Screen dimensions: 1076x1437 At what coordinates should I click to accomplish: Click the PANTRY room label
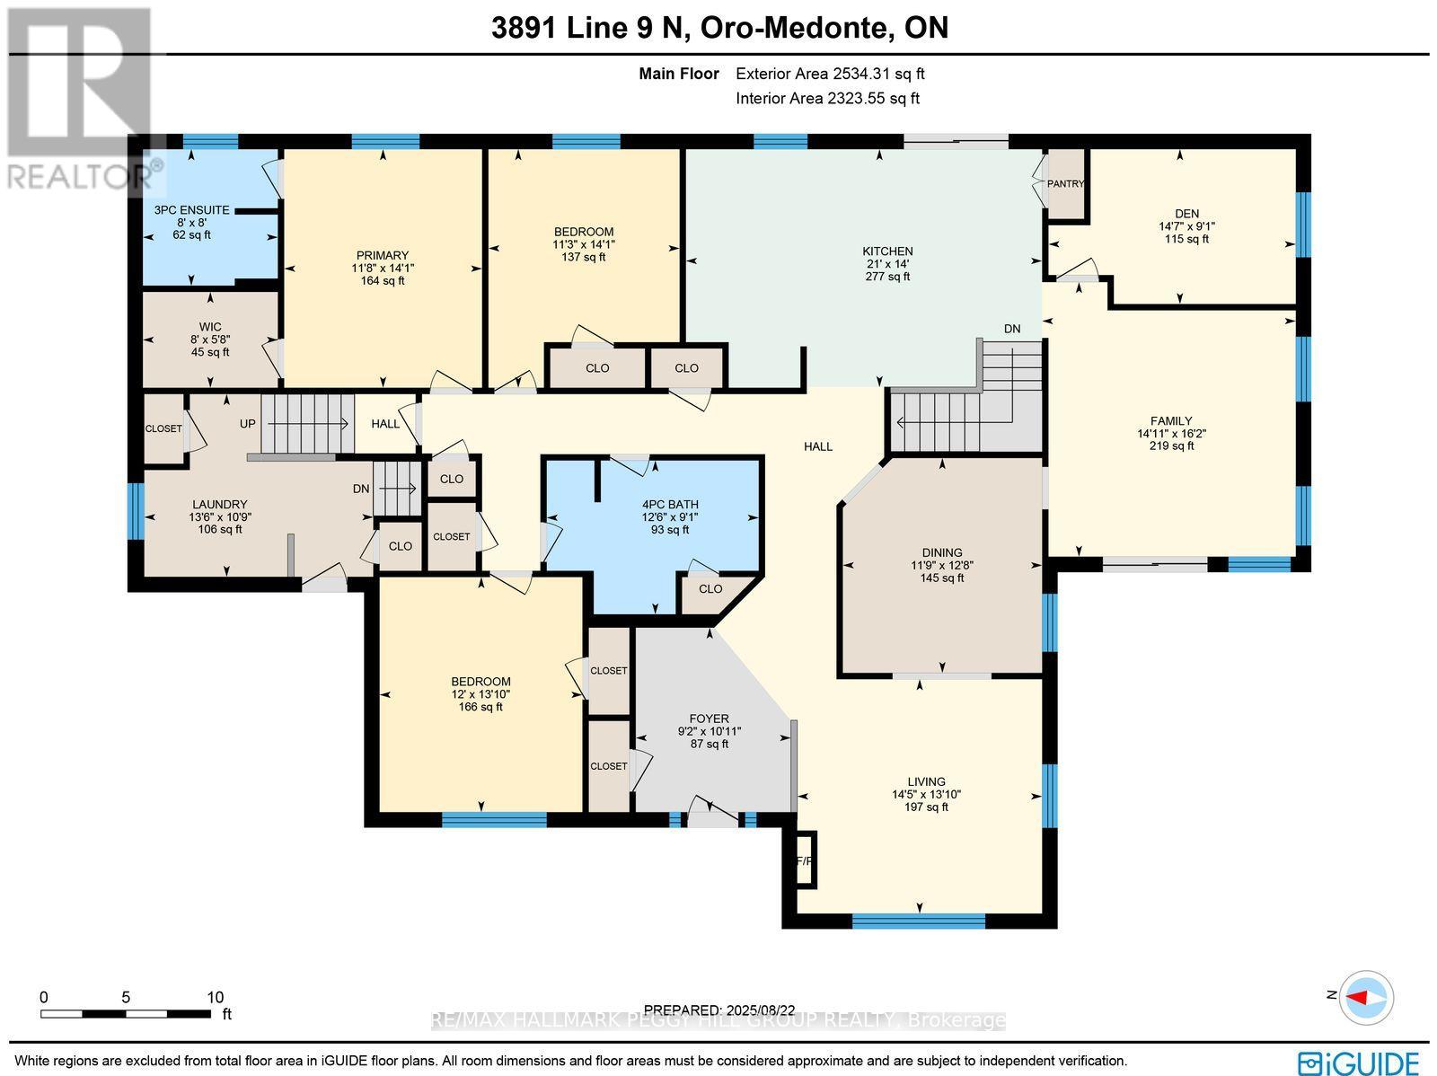(1066, 184)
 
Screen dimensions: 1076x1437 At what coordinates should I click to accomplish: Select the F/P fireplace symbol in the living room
(804, 860)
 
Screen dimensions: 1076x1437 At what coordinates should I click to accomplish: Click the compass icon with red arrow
(1366, 997)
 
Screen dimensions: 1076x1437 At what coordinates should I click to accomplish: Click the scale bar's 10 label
(215, 997)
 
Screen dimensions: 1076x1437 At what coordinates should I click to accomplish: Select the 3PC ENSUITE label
(191, 210)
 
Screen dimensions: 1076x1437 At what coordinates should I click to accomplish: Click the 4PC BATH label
(669, 505)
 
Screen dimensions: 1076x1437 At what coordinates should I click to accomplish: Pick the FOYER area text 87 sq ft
(709, 744)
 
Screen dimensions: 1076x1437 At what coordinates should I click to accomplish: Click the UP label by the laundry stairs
(248, 423)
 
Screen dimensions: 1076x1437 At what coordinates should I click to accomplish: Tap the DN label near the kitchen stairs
(1012, 329)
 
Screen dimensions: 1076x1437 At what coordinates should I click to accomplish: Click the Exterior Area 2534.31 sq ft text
(830, 75)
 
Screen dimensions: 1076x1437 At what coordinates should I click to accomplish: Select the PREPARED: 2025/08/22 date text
(719, 1010)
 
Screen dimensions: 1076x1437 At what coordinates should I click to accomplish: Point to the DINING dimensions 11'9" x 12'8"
(941, 566)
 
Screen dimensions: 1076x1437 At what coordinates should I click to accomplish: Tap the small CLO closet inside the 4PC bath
(710, 589)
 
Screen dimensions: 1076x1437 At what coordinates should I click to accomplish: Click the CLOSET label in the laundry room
(163, 429)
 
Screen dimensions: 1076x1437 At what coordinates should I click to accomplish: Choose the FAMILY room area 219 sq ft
(1171, 445)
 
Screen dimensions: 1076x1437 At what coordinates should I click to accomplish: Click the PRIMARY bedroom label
(382, 255)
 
